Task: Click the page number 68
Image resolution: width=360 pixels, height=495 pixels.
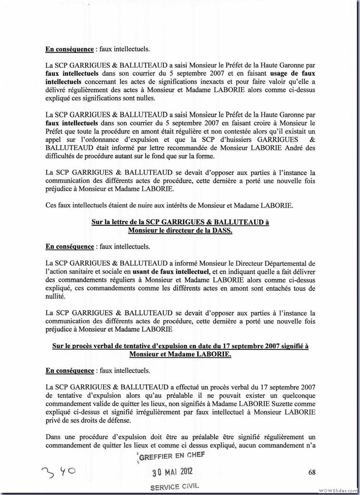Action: click(x=312, y=472)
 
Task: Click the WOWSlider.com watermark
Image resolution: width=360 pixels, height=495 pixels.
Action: click(x=338, y=490)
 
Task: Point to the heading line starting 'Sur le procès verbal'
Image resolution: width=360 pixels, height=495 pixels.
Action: click(x=180, y=346)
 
